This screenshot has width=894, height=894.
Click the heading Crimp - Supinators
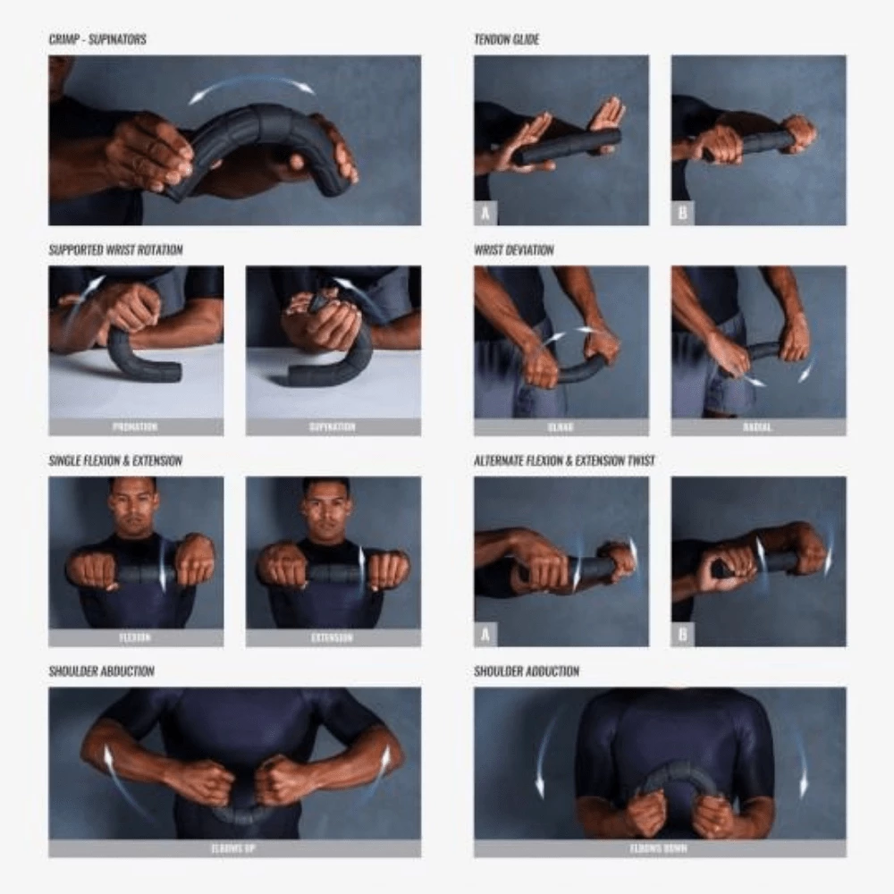[x=97, y=40]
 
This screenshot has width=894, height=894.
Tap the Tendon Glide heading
[x=507, y=40]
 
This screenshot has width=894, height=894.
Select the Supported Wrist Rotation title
[x=115, y=250]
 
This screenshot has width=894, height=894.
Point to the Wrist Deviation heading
[x=514, y=250]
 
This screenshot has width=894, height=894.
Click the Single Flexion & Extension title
[x=115, y=461]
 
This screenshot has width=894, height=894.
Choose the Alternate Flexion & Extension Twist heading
[x=564, y=461]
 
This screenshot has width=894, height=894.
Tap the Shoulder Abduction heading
[x=101, y=671]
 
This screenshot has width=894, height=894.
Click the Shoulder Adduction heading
[x=527, y=671]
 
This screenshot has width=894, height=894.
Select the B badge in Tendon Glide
[x=683, y=214]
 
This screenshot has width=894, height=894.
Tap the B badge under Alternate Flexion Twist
[x=683, y=635]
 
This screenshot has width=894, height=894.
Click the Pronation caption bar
[x=136, y=427]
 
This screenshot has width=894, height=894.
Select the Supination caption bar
[x=333, y=427]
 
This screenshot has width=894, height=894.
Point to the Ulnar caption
[x=561, y=427]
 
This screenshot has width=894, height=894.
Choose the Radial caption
[x=758, y=427]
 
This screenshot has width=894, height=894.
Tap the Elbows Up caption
[x=234, y=848]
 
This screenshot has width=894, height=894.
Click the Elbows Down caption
[x=660, y=848]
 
